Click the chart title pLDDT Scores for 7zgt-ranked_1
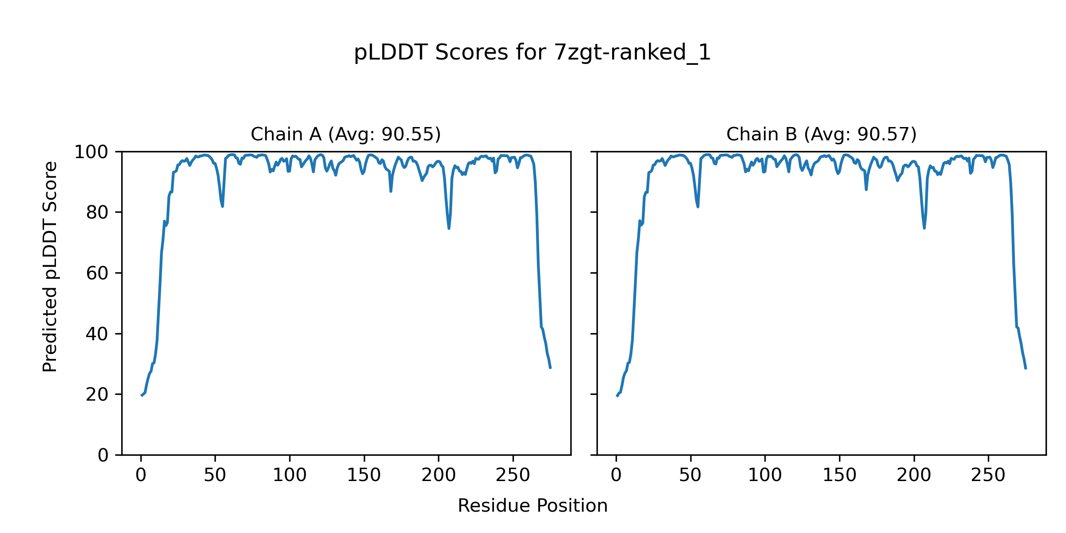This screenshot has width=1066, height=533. click(x=532, y=52)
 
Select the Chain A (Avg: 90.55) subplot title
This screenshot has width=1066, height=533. click(x=346, y=134)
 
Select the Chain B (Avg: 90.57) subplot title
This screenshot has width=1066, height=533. click(x=821, y=134)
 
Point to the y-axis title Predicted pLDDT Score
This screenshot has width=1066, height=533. click(x=50, y=266)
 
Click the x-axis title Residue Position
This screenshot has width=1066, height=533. click(x=532, y=505)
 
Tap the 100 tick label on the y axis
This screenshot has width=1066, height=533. click(x=91, y=152)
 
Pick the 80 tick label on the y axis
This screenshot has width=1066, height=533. click(x=97, y=213)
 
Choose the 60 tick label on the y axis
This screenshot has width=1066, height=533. click(x=97, y=273)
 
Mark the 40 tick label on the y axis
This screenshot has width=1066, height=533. click(x=97, y=334)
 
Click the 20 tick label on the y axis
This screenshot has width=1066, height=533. click(x=97, y=394)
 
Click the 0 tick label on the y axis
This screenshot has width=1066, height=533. click(x=103, y=455)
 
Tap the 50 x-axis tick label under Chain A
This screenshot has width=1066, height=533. click(x=215, y=475)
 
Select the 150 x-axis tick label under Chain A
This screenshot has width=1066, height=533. click(x=364, y=475)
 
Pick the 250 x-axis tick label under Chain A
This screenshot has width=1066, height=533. click(x=513, y=475)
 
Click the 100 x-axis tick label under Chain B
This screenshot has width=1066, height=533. click(x=765, y=475)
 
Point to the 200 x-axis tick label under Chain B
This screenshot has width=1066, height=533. click(x=914, y=475)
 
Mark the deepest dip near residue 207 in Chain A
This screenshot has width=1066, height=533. click(x=449, y=228)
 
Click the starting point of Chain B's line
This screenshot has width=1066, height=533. click(x=617, y=396)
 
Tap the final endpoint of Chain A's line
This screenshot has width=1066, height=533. click(x=550, y=368)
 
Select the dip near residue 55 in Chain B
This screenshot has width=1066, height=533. click(x=698, y=207)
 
